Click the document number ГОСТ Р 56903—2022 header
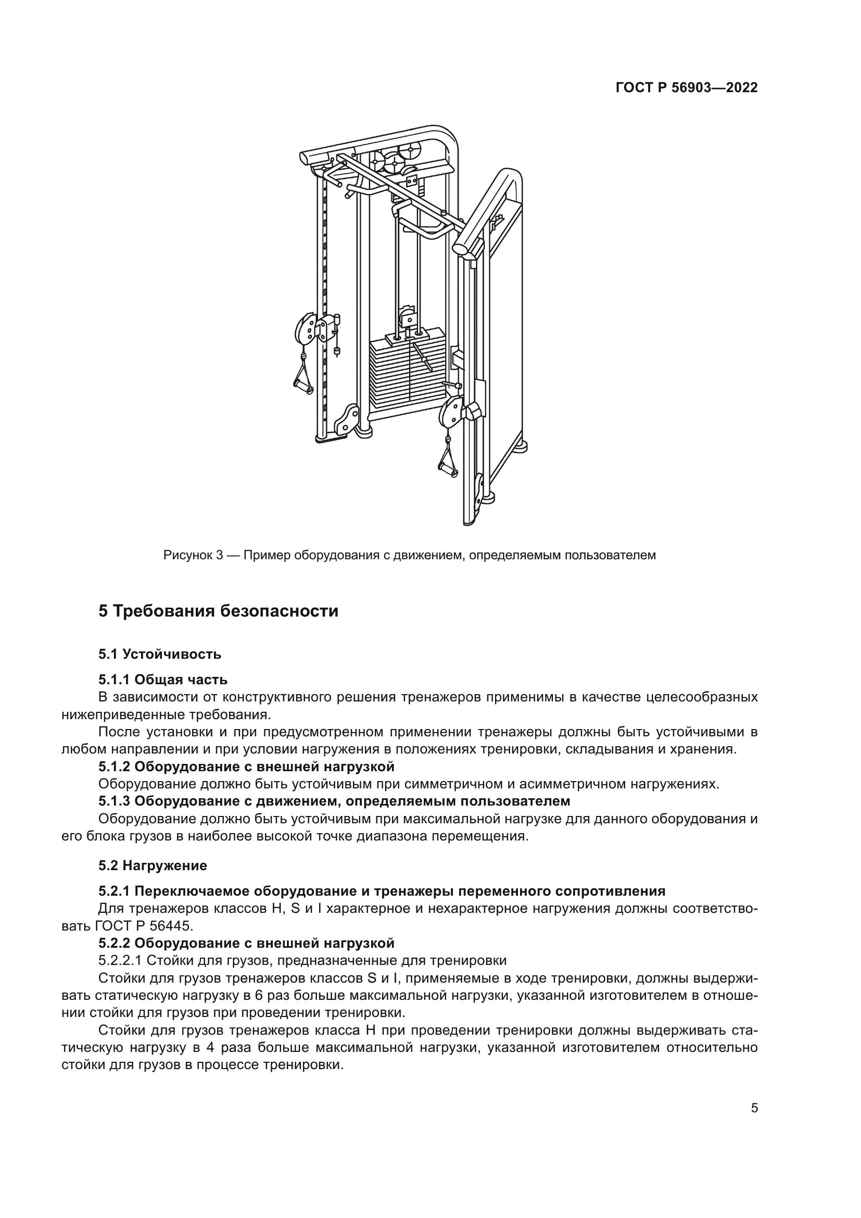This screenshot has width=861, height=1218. pos(687,88)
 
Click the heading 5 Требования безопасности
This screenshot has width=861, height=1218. pos(219,611)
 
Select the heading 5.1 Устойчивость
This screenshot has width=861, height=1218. pos(160,654)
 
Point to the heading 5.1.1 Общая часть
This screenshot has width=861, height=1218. pos(163,680)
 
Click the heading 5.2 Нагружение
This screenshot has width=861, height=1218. pos(153,866)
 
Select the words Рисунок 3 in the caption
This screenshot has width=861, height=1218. pos(193,556)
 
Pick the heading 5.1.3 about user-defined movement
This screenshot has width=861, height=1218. pos(334,801)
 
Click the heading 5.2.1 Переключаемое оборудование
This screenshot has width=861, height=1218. pos(382,890)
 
